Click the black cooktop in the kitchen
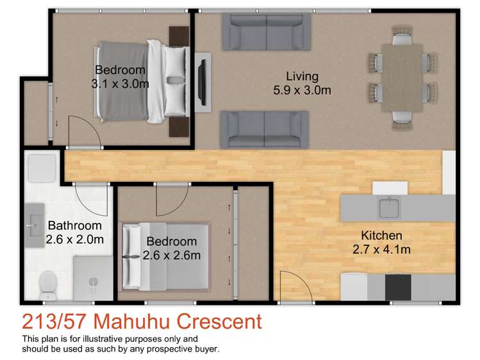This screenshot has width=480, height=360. click(398, 286)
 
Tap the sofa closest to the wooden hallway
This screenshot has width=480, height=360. click(265, 129)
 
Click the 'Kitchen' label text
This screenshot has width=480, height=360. click(381, 235)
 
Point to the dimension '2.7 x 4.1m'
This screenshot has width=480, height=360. click(381, 249)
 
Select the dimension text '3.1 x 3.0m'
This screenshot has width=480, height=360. click(120, 83)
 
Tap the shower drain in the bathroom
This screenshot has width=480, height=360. click(94, 281)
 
